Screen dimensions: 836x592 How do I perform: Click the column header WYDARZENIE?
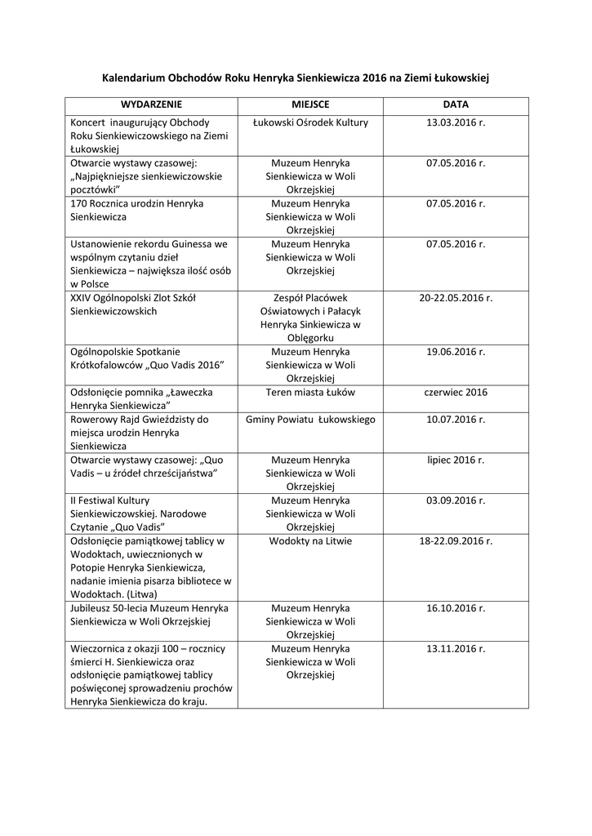[151, 105]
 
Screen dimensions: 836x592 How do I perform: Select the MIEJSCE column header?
[310, 105]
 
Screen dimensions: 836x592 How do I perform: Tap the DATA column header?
[456, 105]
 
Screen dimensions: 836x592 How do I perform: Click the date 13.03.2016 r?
[456, 122]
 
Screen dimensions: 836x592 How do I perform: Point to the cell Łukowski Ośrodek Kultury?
[310, 122]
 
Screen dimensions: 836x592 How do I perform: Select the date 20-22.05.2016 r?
[456, 298]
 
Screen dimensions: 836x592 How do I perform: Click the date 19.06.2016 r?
[456, 352]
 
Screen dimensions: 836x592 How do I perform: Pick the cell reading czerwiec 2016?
[456, 392]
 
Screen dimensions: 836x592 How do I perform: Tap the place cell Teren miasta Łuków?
[310, 392]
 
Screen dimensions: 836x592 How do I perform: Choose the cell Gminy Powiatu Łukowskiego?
[310, 420]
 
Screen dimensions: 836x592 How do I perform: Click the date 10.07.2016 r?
[456, 420]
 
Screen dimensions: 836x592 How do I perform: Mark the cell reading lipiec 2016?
[456, 460]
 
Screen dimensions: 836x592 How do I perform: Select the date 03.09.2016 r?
[456, 500]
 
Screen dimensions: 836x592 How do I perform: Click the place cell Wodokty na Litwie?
[310, 540]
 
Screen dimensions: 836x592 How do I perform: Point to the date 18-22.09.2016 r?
[456, 540]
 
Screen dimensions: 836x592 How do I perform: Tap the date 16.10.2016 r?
[456, 608]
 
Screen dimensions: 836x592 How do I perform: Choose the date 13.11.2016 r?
[456, 648]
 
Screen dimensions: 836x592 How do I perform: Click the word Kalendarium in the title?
[133, 78]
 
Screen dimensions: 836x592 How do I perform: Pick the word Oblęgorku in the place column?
[310, 338]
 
